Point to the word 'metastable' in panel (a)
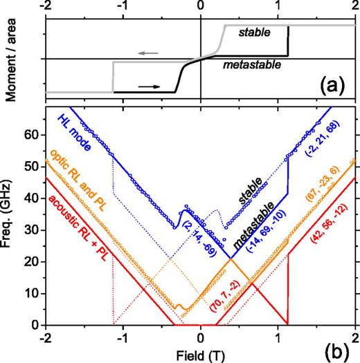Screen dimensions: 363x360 coord(253,66)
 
